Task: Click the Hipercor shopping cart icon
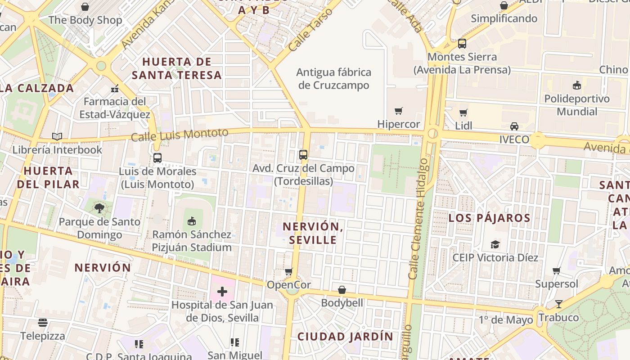398,111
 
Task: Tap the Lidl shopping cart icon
463,112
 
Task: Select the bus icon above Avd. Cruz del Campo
303,155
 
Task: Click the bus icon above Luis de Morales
157,158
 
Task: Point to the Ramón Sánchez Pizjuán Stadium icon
192,221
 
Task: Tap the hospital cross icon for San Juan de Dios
222,292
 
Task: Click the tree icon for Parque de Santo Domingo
99,208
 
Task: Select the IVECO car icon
514,126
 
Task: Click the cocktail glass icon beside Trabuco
558,304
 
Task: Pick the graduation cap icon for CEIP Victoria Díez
495,244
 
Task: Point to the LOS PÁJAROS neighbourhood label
489,218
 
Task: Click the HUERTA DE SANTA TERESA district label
177,68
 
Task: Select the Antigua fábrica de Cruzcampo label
334,79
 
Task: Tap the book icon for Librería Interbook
57,136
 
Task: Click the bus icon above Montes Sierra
462,44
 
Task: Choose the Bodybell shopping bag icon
342,289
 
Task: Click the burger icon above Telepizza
43,323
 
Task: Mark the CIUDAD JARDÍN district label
345,337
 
